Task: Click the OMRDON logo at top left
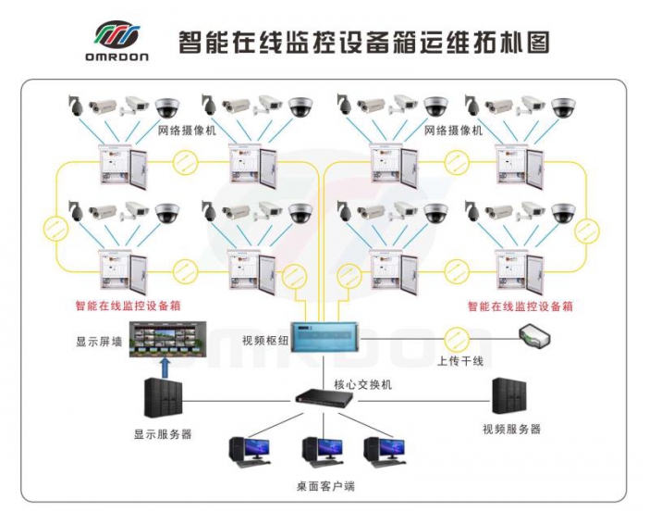point(119,41)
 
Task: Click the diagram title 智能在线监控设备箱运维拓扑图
point(364,42)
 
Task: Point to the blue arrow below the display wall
point(165,369)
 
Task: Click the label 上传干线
point(459,360)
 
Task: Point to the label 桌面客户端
point(324,486)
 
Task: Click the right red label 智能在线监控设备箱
point(520,306)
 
